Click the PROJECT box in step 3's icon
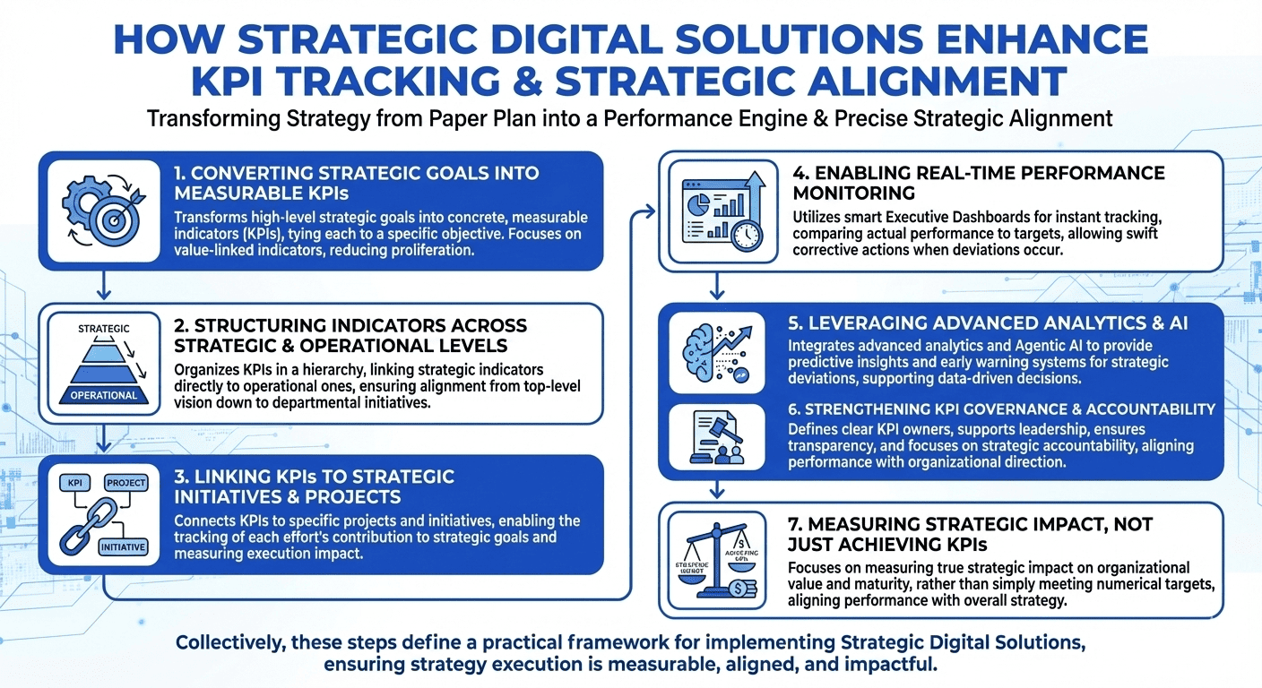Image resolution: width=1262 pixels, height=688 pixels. point(125,483)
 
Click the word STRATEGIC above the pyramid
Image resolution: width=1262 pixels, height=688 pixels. point(104,329)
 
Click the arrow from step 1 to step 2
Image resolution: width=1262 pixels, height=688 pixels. point(104,287)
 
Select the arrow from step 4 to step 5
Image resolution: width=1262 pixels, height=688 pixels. point(717,288)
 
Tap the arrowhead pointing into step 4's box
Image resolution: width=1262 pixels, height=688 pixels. point(647,212)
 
